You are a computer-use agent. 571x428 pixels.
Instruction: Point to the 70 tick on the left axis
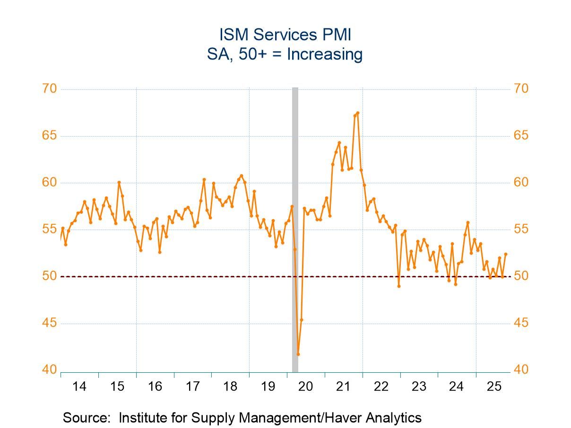(50, 89)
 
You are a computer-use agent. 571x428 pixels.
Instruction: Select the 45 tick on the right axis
(521, 324)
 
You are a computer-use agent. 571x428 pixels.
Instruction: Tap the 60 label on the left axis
(50, 183)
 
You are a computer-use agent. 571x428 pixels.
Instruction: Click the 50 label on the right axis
(521, 276)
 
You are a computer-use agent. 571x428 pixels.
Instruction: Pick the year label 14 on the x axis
(79, 386)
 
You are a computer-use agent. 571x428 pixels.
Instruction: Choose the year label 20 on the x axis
(306, 386)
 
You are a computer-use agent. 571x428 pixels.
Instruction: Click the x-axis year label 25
(494, 386)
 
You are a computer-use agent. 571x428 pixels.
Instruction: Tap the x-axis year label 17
(192, 386)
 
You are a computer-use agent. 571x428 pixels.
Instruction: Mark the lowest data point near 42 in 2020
(298, 354)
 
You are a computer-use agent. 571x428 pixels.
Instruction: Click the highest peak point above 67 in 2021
(358, 113)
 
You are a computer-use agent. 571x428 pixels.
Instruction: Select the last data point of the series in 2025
(506, 254)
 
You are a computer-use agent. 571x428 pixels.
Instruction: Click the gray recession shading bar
(295, 227)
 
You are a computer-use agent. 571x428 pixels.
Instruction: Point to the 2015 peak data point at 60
(119, 182)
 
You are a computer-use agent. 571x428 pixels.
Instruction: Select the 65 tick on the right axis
(521, 136)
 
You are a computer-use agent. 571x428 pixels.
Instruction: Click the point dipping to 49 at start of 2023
(399, 286)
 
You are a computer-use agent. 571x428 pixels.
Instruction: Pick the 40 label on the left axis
(50, 370)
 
